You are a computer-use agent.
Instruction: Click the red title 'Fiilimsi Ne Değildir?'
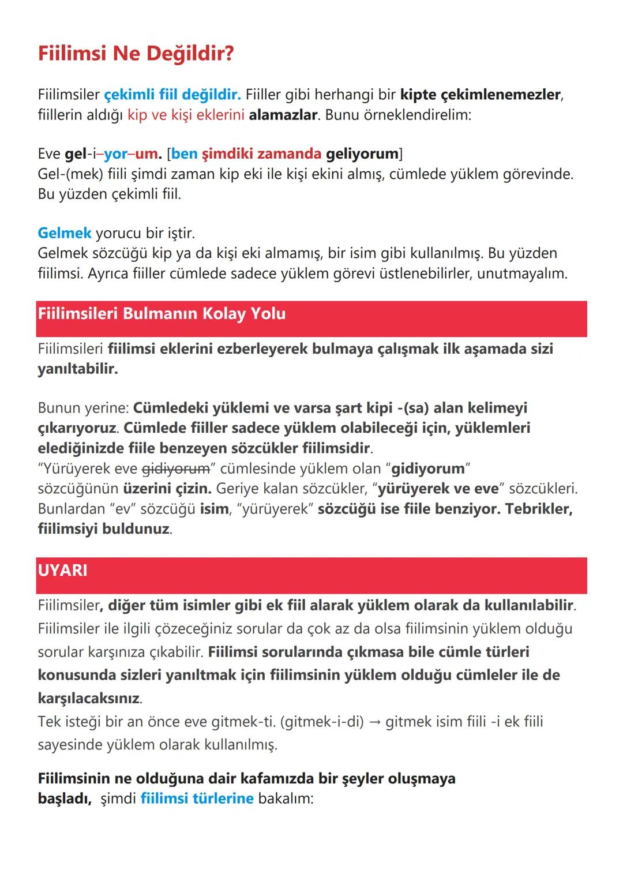[136, 54]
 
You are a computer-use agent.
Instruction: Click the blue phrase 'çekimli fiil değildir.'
[172, 94]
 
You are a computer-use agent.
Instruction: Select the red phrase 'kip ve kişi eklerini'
[186, 114]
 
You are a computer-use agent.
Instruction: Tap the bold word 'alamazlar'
[283, 114]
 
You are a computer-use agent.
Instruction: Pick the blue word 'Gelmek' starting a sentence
[64, 233]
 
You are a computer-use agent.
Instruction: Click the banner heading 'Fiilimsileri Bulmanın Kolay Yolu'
[162, 314]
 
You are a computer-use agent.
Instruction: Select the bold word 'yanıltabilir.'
[77, 369]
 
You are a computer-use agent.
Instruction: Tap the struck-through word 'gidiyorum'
[175, 468]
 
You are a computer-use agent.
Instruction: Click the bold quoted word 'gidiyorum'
[428, 468]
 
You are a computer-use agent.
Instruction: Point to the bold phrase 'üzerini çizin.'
[167, 489]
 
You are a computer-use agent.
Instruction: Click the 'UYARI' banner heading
[62, 570]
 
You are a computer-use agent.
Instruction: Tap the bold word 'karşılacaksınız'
[89, 698]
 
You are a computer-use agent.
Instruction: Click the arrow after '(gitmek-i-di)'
[374, 722]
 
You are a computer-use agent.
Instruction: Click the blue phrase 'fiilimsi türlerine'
[197, 798]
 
